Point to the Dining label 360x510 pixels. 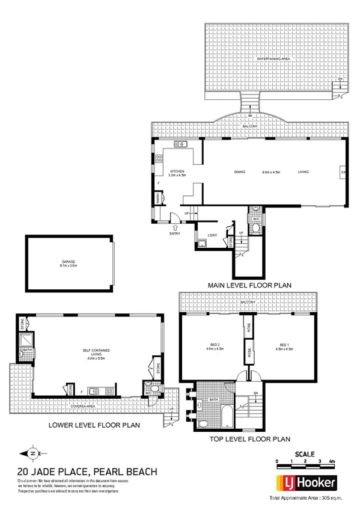click(240, 172)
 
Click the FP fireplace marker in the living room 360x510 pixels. click(343, 172)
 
